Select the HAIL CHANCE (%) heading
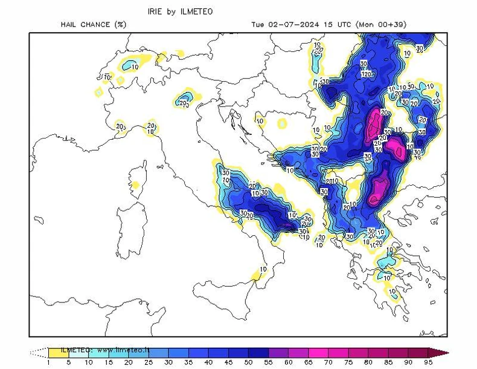tap(93, 25)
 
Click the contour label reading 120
tap(367, 74)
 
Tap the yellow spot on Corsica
tap(136, 184)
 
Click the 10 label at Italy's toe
tap(263, 270)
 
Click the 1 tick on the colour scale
tap(48, 362)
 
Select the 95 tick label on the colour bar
tap(428, 362)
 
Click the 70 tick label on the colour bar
tap(329, 362)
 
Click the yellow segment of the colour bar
tap(58, 352)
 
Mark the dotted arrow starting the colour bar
tap(39, 352)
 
